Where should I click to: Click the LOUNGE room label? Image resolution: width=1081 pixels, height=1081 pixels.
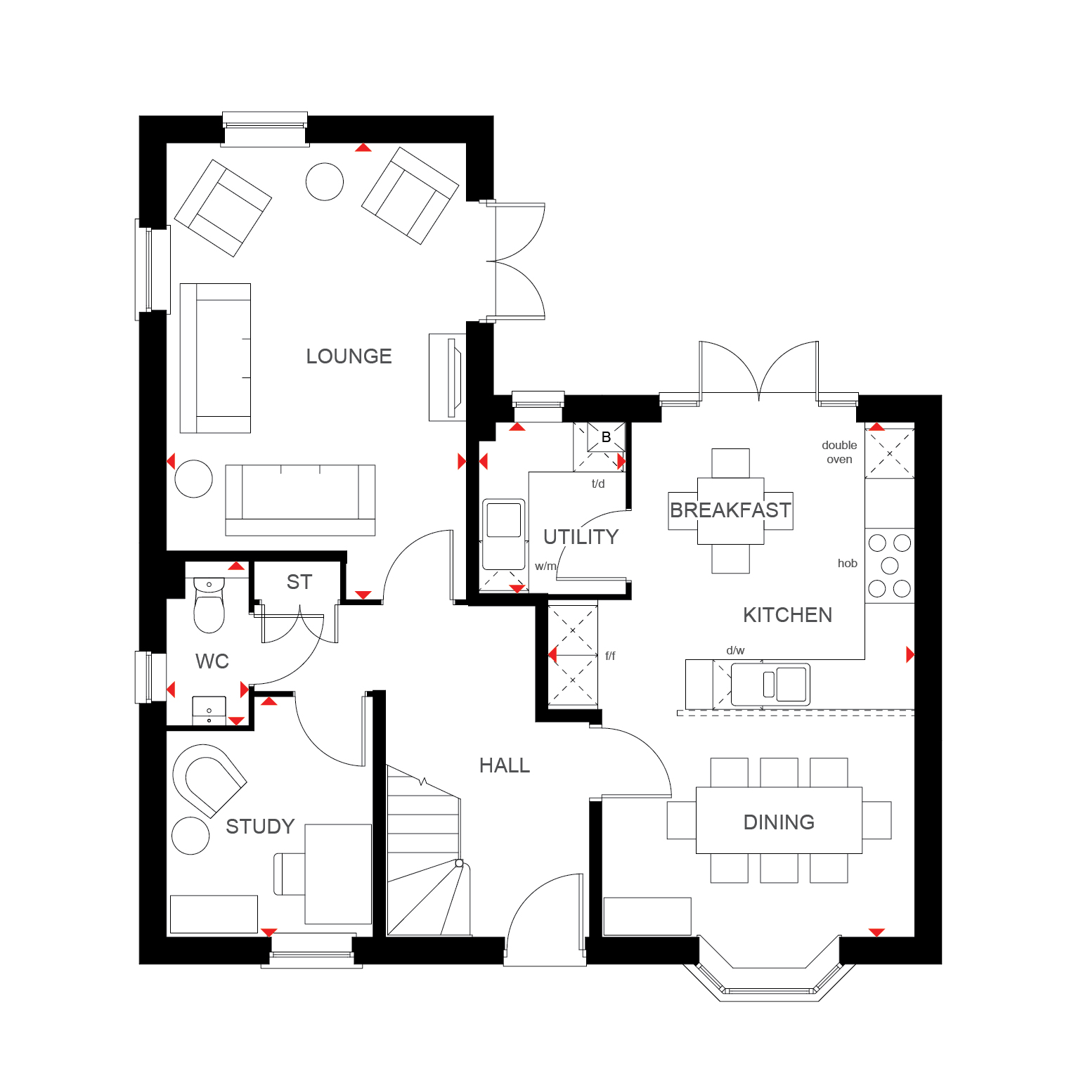pyautogui.click(x=349, y=356)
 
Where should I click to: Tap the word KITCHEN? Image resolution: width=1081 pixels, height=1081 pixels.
pyautogui.click(x=787, y=615)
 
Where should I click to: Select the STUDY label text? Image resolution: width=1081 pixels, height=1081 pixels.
pyautogui.click(x=260, y=827)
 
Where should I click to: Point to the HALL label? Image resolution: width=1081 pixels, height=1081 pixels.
pyautogui.click(x=505, y=765)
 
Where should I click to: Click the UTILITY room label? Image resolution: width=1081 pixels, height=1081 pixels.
pyautogui.click(x=581, y=537)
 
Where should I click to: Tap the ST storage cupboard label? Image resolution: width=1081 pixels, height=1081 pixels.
pyautogui.click(x=299, y=582)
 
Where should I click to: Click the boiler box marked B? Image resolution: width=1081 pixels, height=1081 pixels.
pyautogui.click(x=606, y=437)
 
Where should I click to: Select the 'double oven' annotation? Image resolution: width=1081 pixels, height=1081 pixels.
pyautogui.click(x=839, y=452)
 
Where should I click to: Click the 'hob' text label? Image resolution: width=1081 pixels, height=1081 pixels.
pyautogui.click(x=847, y=563)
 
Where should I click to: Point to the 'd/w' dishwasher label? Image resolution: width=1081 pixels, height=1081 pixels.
pyautogui.click(x=735, y=651)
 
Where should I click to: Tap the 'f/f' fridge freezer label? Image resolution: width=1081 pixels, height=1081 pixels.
pyautogui.click(x=610, y=656)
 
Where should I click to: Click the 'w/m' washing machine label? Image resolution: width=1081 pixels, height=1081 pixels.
pyautogui.click(x=545, y=566)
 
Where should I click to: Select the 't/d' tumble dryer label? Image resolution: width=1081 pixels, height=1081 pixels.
pyautogui.click(x=598, y=484)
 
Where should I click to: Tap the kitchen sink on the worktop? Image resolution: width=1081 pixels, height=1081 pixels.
pyautogui.click(x=770, y=685)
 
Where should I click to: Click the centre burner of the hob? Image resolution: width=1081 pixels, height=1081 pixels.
pyautogui.click(x=890, y=565)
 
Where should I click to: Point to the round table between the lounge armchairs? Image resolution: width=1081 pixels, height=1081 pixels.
pyautogui.click(x=325, y=181)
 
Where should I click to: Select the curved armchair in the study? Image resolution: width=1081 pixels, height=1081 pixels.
pyautogui.click(x=209, y=780)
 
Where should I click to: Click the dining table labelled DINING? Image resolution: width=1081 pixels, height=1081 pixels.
pyautogui.click(x=779, y=820)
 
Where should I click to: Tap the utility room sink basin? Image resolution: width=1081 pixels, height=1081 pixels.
pyautogui.click(x=503, y=534)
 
